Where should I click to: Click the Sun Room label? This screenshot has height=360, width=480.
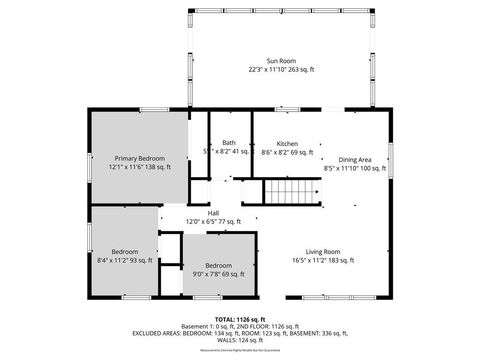point(281,60)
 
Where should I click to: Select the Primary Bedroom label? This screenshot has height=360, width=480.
point(140,158)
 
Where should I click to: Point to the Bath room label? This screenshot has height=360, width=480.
point(229,143)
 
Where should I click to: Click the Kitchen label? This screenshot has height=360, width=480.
point(287,143)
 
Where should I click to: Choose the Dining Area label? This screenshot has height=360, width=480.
point(355,159)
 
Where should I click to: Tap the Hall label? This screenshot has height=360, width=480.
point(213,212)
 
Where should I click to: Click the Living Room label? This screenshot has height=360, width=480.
point(323,251)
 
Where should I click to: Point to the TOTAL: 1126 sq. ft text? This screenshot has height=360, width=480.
point(239,319)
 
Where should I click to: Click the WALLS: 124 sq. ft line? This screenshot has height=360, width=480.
point(239,343)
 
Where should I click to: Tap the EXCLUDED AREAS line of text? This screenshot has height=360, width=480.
point(239,335)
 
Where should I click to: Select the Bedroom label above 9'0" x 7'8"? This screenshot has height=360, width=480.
point(217,264)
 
